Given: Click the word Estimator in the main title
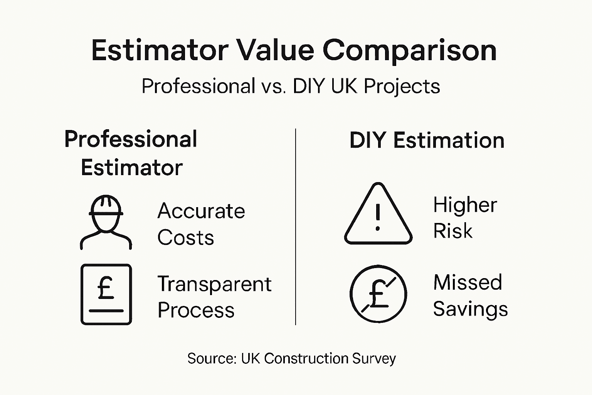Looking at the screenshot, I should coord(160,51).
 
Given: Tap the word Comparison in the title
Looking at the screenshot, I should coord(410,51).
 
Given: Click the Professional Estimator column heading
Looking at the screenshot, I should coord(131,153).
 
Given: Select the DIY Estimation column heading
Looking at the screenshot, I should coord(427,140).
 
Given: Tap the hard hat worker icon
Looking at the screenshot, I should coord(106,222).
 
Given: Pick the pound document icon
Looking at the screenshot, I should coord(106,294).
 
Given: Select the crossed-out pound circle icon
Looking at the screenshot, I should coord(378,294).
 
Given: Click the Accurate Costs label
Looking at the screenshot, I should coord(201,224).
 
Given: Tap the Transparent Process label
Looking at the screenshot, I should coord(214,297).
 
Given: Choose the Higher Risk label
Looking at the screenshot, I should coord(465,218).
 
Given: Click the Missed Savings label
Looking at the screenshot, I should coord(470,295).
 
